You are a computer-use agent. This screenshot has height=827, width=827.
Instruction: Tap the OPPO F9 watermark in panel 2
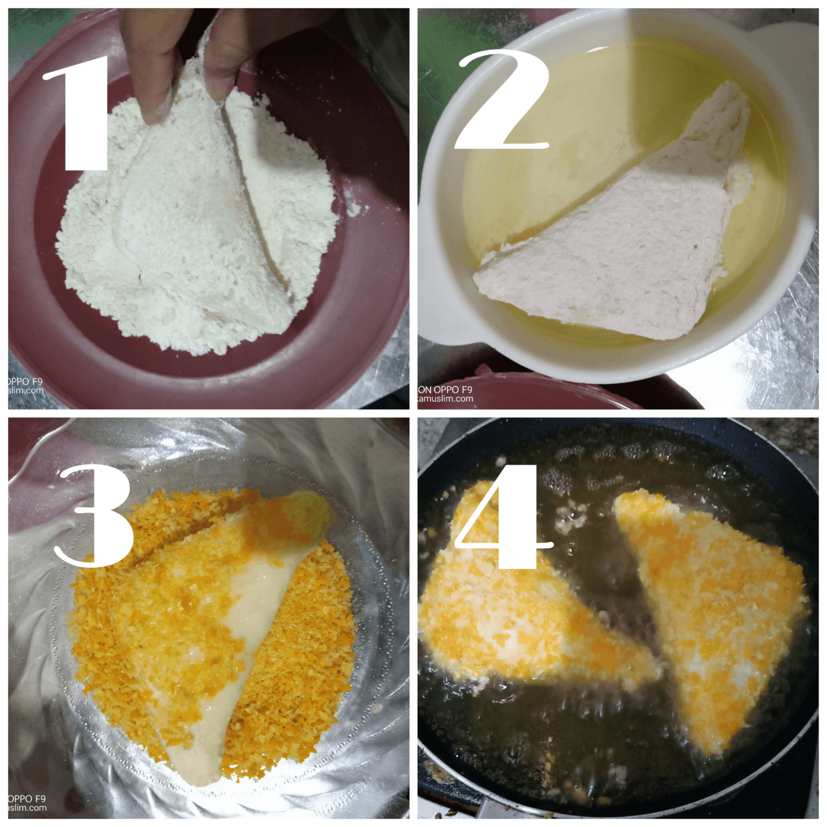(445, 390)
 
